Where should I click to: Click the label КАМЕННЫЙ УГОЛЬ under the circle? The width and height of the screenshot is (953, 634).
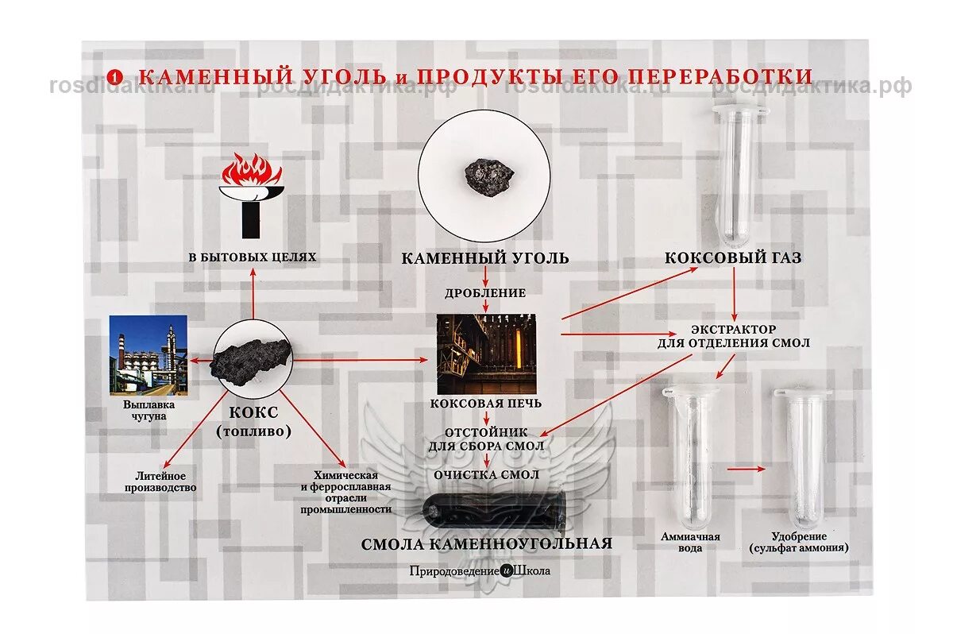pyautogui.click(x=484, y=258)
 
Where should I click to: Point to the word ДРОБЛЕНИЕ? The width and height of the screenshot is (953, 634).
pyautogui.click(x=484, y=292)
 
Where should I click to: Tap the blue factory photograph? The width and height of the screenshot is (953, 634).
pyautogui.click(x=149, y=354)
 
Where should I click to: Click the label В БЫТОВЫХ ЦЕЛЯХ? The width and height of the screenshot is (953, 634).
pyautogui.click(x=252, y=257)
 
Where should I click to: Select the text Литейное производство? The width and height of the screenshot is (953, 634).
pyautogui.click(x=160, y=481)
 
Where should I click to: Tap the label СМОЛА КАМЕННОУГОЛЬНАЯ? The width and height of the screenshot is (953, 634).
pyautogui.click(x=487, y=544)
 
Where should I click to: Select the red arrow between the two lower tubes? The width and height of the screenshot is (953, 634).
pyautogui.click(x=745, y=469)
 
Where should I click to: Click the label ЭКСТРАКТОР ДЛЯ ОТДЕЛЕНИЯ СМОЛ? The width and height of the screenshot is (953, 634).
pyautogui.click(x=734, y=336)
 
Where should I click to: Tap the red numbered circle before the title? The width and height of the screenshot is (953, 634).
pyautogui.click(x=116, y=77)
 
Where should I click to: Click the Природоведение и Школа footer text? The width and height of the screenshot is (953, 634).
pyautogui.click(x=480, y=570)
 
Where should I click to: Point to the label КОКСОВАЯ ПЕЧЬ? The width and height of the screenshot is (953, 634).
pyautogui.click(x=486, y=403)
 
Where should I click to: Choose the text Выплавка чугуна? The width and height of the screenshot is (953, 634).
pyautogui.click(x=149, y=410)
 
